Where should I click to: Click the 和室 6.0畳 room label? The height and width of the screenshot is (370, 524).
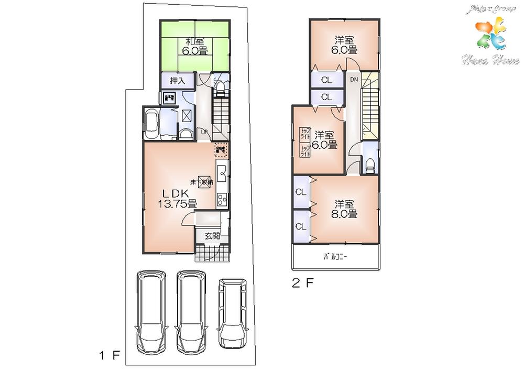194,46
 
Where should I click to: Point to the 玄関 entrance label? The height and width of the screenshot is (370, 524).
212,236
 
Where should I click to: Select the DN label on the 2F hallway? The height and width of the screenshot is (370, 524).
354,79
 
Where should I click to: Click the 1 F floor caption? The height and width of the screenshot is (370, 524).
110,356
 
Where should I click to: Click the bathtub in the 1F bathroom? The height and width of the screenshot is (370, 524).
151,124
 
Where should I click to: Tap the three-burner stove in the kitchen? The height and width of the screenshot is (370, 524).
221,200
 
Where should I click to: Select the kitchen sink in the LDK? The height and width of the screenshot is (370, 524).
222,171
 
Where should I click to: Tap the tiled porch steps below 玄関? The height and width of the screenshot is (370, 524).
212,254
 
